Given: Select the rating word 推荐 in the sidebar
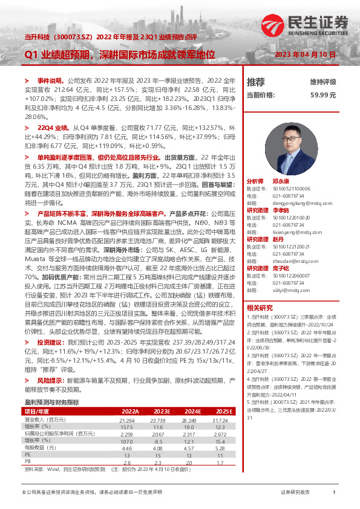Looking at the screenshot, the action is point(256,82).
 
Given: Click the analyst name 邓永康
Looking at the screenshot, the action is point(281,181).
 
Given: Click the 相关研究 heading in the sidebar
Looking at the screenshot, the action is point(259,308).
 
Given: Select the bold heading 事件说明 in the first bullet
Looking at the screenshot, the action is point(50,80).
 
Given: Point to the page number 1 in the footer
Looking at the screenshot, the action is point(334,493).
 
